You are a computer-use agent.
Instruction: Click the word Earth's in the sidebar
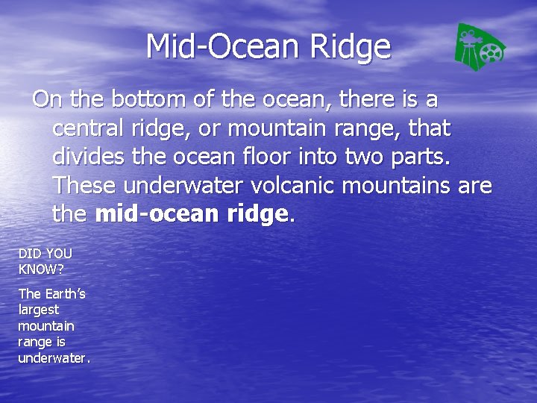[x=65, y=294]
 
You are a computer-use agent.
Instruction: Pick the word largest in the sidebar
[x=38, y=310]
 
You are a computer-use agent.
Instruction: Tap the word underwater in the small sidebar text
[x=53, y=358]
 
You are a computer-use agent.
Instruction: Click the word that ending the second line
[x=430, y=128]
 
